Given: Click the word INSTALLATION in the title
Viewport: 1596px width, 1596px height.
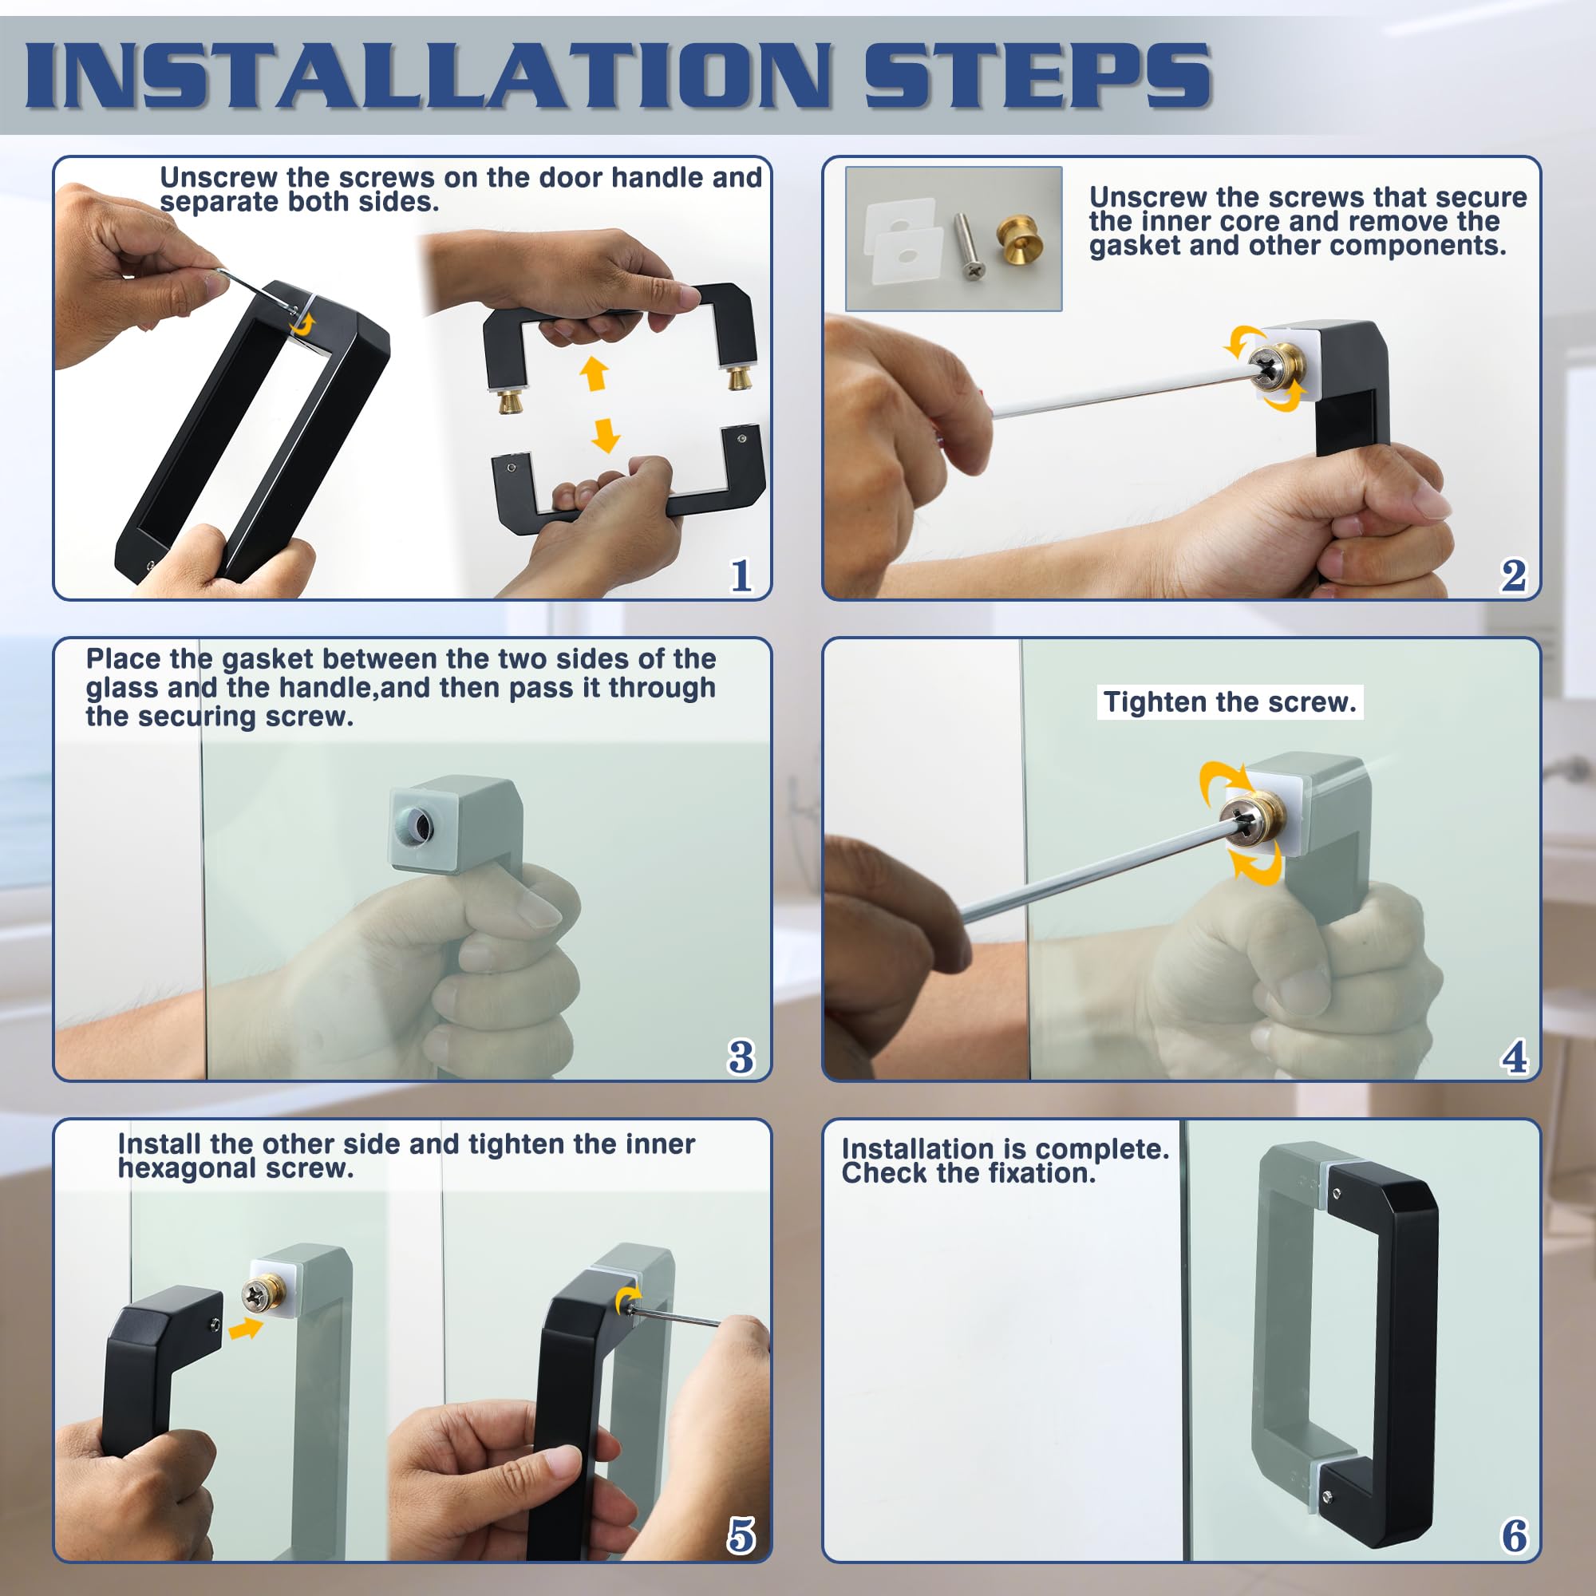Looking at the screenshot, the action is [428, 75].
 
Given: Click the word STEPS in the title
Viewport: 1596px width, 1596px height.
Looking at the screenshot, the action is [1037, 75].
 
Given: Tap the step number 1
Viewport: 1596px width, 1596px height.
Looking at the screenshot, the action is [741, 576].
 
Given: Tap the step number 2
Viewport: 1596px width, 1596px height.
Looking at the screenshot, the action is [1513, 576].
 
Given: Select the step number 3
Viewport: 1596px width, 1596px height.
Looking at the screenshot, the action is [741, 1057].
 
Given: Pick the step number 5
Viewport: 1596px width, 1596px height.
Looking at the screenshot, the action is [741, 1535].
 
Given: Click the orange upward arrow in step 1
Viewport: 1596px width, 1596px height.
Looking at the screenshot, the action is [594, 373].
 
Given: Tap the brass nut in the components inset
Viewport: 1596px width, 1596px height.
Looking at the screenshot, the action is [1018, 241].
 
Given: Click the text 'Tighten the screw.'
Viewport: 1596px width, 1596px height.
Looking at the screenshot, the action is [1230, 702].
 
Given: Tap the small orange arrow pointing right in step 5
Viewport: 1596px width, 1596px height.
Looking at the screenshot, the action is [245, 1329].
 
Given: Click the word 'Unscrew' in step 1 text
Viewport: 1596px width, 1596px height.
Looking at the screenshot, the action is [219, 178].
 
